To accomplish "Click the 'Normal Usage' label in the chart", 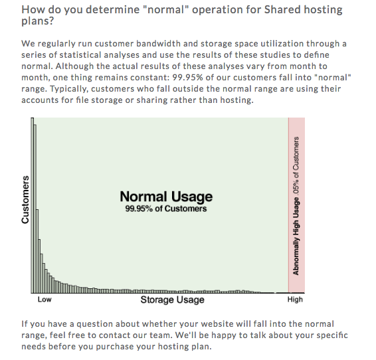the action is [166, 197].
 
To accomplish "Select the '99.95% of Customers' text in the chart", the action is [166, 209].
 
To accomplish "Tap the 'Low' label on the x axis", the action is [45, 300].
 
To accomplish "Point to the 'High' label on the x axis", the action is [295, 300].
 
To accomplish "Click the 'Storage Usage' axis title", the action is [173, 300].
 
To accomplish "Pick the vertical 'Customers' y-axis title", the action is [25, 200].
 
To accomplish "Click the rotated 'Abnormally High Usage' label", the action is [296, 236].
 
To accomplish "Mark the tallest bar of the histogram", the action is [33, 205].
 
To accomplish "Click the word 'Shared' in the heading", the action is [282, 9].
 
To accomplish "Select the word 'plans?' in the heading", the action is [38, 21].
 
